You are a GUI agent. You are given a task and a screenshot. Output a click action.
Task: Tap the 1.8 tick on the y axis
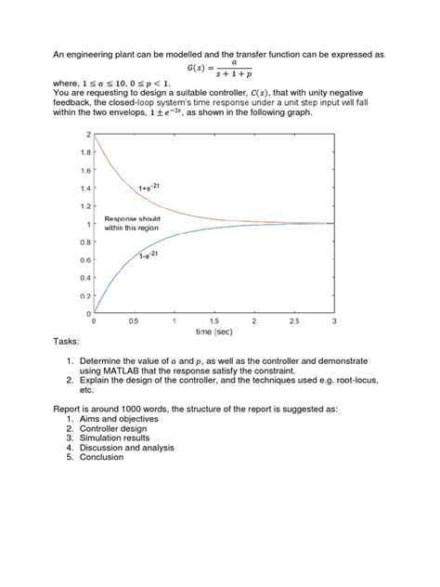point(85,152)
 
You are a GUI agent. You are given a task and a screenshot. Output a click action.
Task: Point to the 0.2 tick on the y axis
point(85,295)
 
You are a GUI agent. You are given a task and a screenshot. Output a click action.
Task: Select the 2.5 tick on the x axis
point(293,321)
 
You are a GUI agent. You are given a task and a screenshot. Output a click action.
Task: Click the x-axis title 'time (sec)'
point(214,331)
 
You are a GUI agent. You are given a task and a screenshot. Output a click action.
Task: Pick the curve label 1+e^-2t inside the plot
point(152,189)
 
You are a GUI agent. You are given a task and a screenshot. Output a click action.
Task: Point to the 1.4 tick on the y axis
point(85,189)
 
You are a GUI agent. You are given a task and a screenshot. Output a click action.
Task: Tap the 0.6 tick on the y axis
point(85,260)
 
